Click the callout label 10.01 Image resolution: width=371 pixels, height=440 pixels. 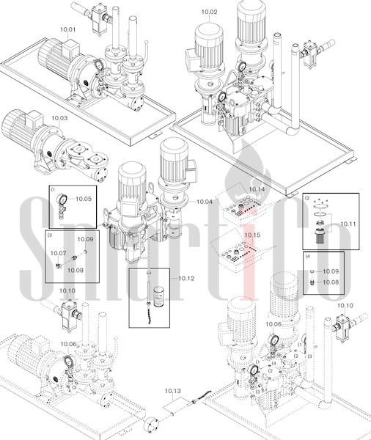point(68,29)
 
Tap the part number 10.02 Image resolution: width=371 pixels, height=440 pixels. point(210,12)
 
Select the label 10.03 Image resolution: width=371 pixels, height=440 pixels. point(59,118)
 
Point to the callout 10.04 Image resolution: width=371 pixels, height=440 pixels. point(205,202)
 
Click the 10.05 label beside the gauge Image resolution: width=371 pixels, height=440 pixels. point(84,199)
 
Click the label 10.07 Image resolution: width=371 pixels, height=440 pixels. point(59,254)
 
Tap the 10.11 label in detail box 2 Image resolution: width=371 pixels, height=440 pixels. point(348,224)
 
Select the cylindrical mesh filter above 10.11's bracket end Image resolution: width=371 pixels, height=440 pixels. point(320,236)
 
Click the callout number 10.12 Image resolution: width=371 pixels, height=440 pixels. point(186,279)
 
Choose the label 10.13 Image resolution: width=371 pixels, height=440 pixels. point(173,391)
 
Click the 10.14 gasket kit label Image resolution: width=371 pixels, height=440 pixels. point(257,189)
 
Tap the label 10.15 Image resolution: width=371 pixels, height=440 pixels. point(252,235)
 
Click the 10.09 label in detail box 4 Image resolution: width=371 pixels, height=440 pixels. point(331,271)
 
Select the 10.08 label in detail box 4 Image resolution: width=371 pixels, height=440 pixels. point(331,282)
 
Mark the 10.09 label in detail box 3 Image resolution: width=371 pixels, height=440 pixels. point(85,239)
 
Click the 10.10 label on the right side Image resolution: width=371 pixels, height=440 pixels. point(345,306)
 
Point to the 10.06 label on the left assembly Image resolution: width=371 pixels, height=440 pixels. point(68,344)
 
